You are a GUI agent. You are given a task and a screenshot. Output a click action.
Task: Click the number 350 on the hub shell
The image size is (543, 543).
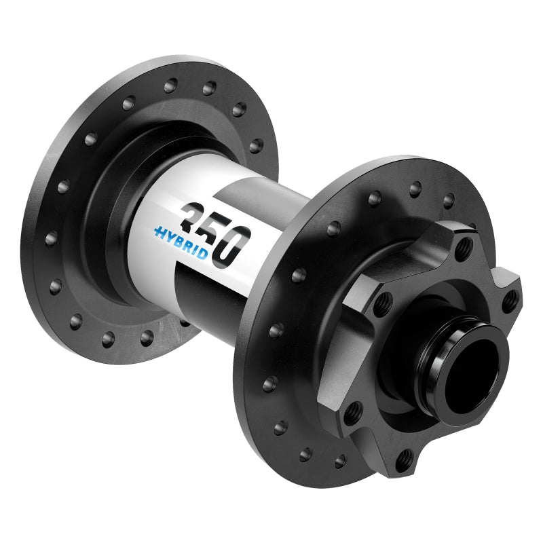[x=212, y=233]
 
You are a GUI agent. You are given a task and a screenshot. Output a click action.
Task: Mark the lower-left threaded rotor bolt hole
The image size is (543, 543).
[x=353, y=409]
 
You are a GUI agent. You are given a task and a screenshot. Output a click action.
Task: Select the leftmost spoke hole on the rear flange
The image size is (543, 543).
[x=50, y=238]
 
